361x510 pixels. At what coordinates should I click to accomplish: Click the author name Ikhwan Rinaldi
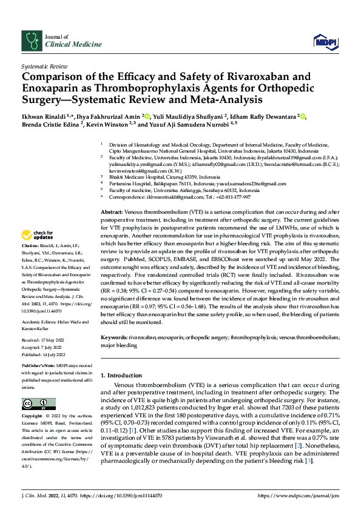pos(44,116)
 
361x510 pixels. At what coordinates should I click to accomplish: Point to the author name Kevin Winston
pos(113,125)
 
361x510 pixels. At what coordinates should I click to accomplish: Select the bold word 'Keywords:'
pos(113,336)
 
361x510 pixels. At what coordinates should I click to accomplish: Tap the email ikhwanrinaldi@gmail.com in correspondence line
pos(175,197)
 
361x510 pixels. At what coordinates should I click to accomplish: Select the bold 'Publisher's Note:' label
pos(38,368)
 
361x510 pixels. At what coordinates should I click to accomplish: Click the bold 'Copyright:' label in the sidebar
pos(32,417)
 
